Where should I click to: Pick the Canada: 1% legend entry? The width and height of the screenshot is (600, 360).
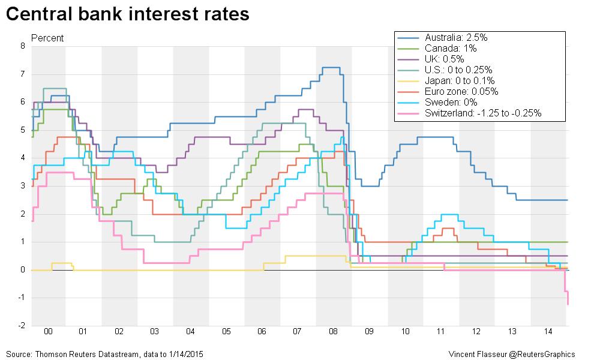click(x=450, y=48)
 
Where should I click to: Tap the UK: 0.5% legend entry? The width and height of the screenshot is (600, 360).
click(x=445, y=59)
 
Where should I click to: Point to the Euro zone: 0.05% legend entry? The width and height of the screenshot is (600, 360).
click(x=461, y=91)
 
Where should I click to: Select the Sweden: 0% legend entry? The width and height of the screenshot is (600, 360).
click(x=450, y=102)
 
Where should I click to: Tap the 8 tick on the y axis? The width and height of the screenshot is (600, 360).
click(x=23, y=46)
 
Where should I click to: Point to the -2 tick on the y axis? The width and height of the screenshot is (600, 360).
click(x=22, y=326)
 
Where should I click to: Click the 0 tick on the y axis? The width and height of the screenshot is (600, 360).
click(x=23, y=270)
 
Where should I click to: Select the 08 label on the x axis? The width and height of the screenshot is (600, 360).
click(x=333, y=332)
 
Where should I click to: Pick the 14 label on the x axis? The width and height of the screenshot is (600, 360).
click(x=548, y=332)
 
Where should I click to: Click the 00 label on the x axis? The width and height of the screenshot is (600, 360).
click(x=48, y=332)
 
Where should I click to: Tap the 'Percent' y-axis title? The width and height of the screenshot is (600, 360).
click(x=47, y=38)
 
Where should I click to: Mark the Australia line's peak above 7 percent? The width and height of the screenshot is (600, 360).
click(x=331, y=67)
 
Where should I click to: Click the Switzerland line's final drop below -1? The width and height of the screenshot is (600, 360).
click(x=568, y=300)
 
